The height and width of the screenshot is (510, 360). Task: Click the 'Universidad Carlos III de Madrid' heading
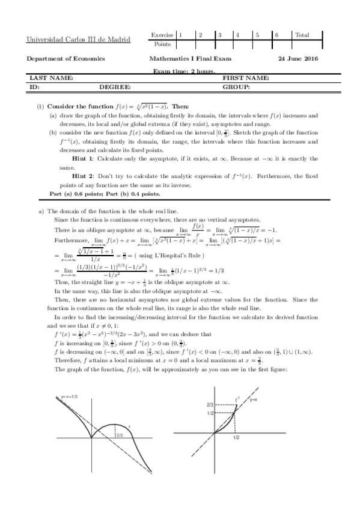(78, 40)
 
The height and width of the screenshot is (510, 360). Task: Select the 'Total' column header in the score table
(302, 35)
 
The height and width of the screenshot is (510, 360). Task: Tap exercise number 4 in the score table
(239, 35)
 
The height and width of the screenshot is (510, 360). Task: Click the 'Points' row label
(162, 44)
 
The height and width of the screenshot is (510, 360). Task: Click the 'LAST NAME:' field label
(52, 78)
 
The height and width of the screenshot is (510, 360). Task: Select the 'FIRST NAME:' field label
(246, 78)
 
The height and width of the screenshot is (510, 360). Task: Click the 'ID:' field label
(34, 87)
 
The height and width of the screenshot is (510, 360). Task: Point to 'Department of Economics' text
(66, 59)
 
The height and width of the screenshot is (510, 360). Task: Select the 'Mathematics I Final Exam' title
(190, 59)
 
